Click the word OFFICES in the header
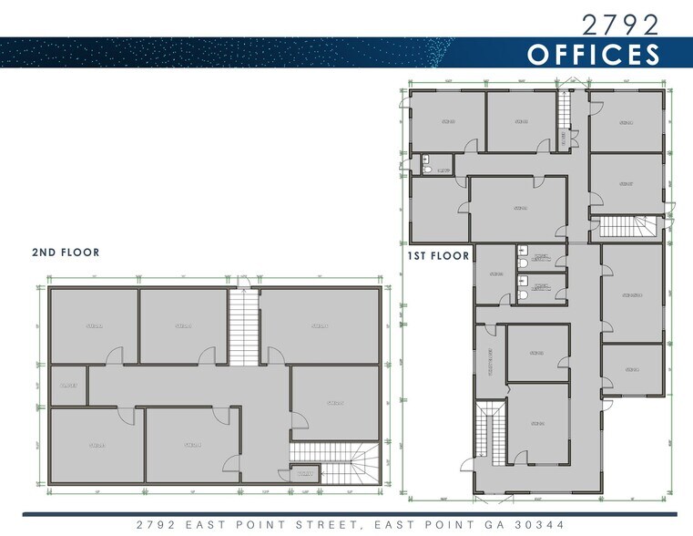593,54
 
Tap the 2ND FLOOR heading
66,252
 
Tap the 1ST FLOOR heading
439,256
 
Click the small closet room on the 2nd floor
68,387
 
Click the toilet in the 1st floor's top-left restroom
428,169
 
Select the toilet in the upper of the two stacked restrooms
523,263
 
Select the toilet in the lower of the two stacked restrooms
523,295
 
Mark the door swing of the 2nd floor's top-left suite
113,356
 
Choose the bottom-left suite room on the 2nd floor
94,445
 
